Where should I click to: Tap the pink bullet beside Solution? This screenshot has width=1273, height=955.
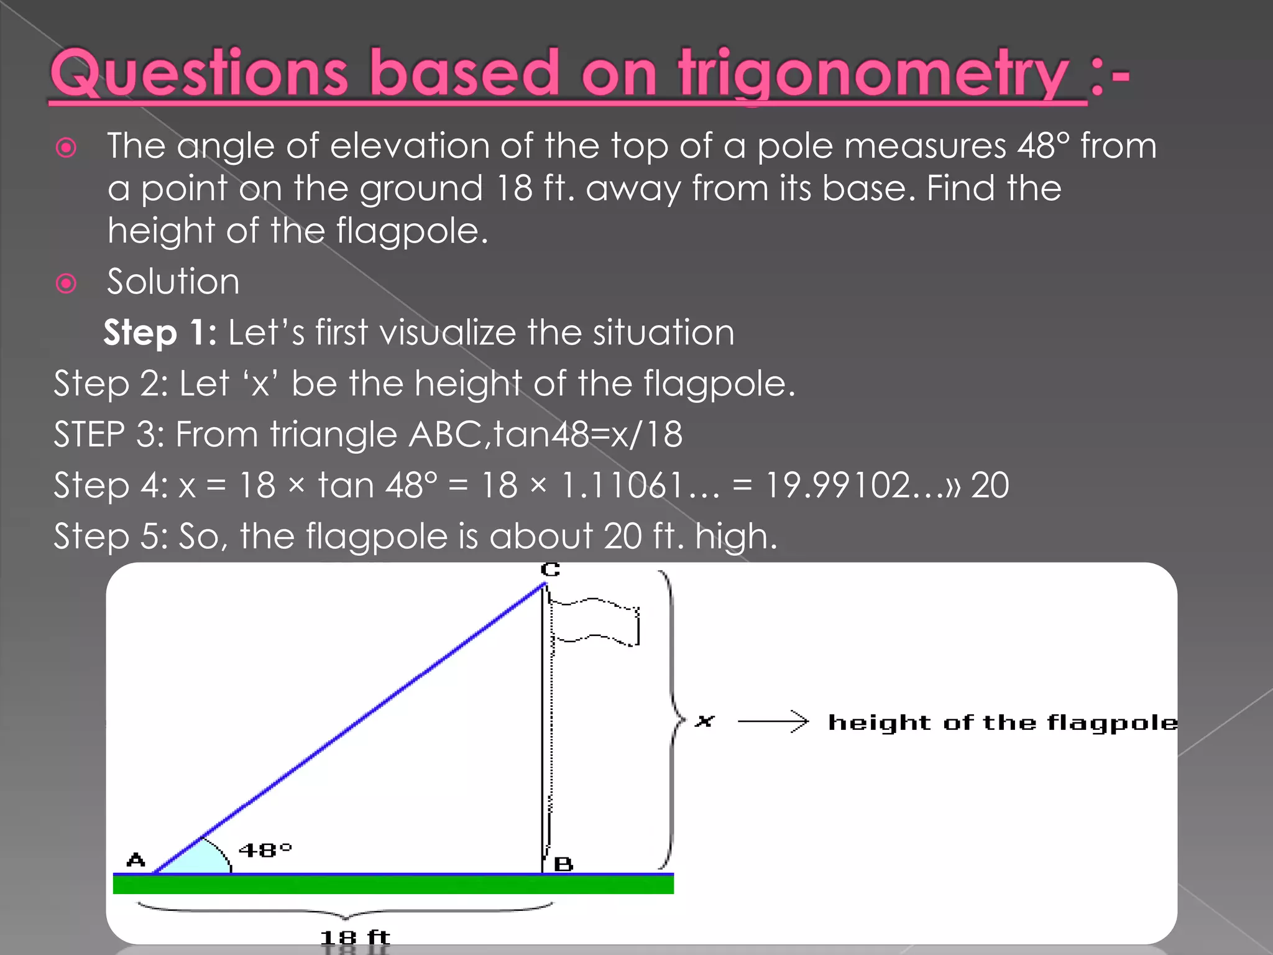pyautogui.click(x=66, y=284)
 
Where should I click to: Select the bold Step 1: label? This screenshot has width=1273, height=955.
pyautogui.click(x=160, y=333)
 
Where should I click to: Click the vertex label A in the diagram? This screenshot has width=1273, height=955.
pyautogui.click(x=136, y=860)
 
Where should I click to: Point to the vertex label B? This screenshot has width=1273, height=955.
pyautogui.click(x=563, y=864)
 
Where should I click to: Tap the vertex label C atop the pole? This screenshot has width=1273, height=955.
pyautogui.click(x=550, y=570)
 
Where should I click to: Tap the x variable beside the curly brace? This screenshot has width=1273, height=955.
pyautogui.click(x=705, y=721)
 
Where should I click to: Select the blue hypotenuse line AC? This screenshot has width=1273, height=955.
pyautogui.click(x=348, y=728)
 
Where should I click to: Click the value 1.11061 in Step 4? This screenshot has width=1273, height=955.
pyautogui.click(x=640, y=486)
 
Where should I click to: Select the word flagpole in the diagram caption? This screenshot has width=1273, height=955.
pyautogui.click(x=1112, y=723)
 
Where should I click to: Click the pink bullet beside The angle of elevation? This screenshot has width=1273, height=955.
pyautogui.click(x=66, y=147)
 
